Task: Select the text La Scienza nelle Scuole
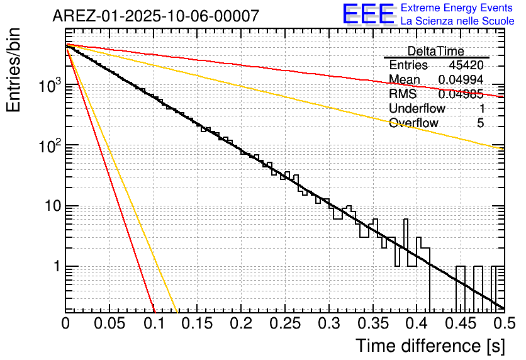tap(457, 21)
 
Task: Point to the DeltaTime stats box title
tap(435, 51)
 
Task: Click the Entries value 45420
tap(466, 65)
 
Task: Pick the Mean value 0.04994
tap(461, 79)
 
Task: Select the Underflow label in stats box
tap(417, 108)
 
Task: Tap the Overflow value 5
tap(480, 123)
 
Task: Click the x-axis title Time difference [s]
tap(429, 346)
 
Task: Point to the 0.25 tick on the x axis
tap(284, 323)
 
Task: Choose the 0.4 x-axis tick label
tap(416, 323)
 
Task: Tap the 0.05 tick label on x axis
tap(109, 323)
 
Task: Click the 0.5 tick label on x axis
tap(503, 323)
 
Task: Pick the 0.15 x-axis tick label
tap(197, 323)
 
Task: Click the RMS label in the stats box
tap(403, 94)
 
